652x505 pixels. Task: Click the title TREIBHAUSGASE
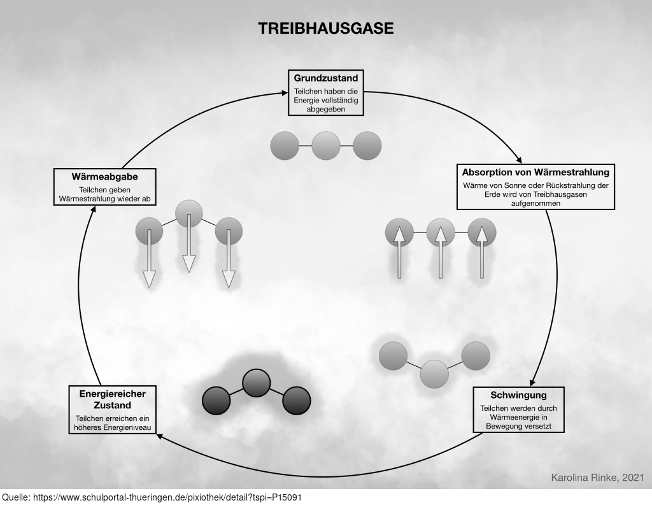click(x=325, y=29)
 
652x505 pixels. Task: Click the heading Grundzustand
click(x=325, y=78)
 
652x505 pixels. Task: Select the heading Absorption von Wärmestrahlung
click(x=535, y=172)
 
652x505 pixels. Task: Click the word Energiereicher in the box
click(x=112, y=394)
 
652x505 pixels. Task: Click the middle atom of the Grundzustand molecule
click(x=326, y=146)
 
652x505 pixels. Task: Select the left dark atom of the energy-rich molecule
click(x=216, y=401)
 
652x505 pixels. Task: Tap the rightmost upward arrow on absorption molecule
click(x=481, y=252)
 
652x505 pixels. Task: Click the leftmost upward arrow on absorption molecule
click(x=399, y=252)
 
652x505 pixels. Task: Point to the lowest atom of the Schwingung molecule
click(x=435, y=374)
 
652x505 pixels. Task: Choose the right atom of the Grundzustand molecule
click(x=367, y=146)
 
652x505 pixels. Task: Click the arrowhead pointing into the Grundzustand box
click(x=285, y=94)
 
